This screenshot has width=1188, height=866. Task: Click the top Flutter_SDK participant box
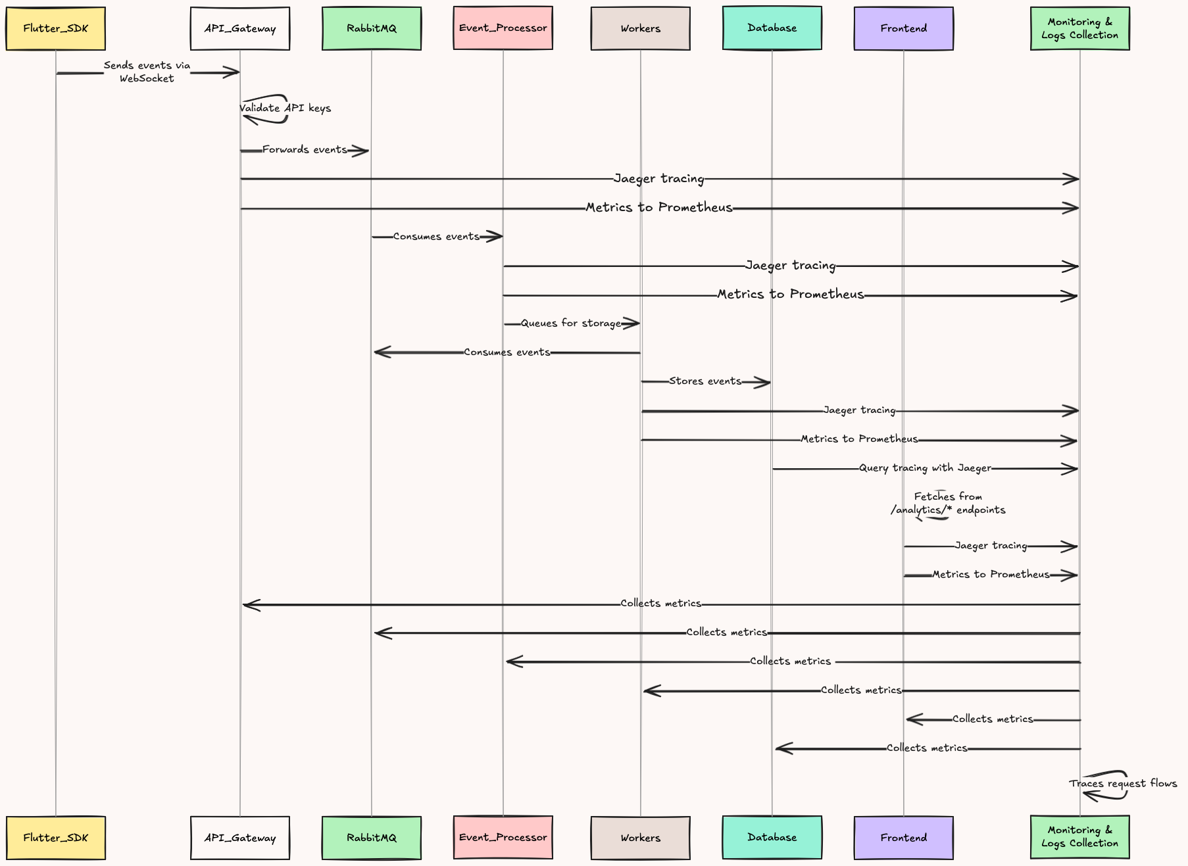[x=55, y=28]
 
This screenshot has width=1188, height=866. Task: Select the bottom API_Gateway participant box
[x=239, y=837]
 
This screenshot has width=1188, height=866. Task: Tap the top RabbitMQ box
[x=371, y=28]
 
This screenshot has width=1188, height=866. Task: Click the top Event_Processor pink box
[x=503, y=28]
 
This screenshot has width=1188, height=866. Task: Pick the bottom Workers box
[x=640, y=837]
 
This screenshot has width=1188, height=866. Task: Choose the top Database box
[x=772, y=28]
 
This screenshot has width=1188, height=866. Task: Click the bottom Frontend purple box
[x=903, y=837]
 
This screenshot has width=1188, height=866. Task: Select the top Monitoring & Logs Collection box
[x=1079, y=28]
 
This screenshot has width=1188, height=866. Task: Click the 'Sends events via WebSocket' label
[x=147, y=72]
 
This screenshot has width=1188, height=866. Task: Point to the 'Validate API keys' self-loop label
[x=285, y=108]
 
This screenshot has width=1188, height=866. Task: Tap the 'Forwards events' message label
[x=305, y=150]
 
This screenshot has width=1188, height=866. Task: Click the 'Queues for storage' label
[x=571, y=323]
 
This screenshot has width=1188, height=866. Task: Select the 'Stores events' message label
[x=705, y=381]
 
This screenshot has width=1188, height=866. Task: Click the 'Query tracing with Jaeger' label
[x=925, y=468]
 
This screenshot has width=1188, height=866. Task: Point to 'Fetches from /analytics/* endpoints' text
[x=948, y=503]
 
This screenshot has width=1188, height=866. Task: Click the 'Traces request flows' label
[x=1123, y=783]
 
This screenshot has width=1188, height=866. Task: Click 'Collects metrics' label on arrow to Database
[x=927, y=748]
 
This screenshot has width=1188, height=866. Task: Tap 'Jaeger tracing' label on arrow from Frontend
[x=991, y=546]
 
